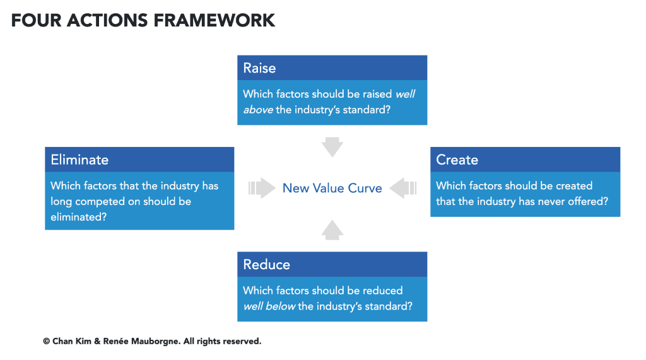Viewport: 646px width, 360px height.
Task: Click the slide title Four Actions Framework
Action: (143, 20)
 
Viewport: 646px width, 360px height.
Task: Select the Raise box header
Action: (332, 67)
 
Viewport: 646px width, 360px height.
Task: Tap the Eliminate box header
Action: (139, 160)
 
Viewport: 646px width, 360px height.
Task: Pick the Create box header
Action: (525, 160)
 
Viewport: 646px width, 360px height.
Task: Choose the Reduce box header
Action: (332, 264)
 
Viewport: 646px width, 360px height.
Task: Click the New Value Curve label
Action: (332, 188)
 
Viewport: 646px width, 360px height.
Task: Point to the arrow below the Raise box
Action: (332, 147)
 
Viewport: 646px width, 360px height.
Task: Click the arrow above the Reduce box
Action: (332, 229)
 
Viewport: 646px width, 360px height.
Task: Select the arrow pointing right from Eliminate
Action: (262, 188)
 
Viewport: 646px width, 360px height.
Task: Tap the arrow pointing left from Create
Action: (403, 188)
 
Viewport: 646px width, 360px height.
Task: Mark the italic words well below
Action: (269, 306)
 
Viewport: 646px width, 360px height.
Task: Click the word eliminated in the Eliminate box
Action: (79, 217)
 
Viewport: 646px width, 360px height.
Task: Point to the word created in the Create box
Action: (573, 185)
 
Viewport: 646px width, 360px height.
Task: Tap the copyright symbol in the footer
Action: (47, 341)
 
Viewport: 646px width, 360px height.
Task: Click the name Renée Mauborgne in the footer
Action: (148, 341)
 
